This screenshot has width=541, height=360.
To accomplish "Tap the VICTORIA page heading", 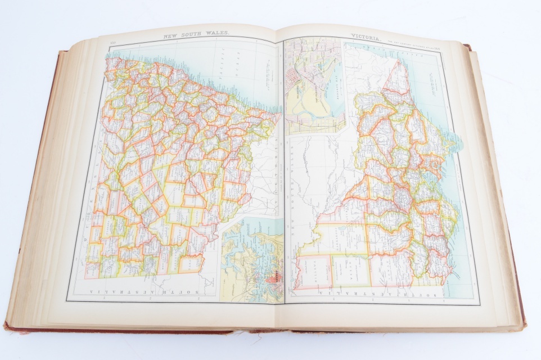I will click(x=366, y=37).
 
